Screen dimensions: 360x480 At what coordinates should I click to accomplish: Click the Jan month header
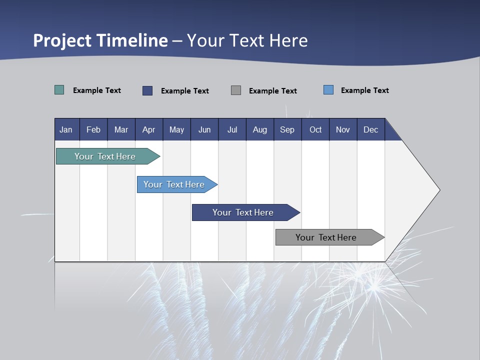(x=66, y=129)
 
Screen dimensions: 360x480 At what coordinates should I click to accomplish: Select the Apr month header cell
(x=149, y=129)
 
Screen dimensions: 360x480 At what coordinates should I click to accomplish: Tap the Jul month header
(x=232, y=129)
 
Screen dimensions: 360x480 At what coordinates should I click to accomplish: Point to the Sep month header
(x=287, y=129)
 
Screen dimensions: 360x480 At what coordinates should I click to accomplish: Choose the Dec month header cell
(x=370, y=129)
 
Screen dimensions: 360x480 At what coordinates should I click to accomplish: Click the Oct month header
(x=315, y=129)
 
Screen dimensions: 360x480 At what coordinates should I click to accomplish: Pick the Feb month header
(x=93, y=129)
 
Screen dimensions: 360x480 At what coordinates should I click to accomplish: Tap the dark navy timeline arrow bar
(x=243, y=212)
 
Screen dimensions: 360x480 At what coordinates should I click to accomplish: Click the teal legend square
(x=59, y=90)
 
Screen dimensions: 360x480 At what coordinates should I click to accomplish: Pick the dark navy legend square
(x=147, y=90)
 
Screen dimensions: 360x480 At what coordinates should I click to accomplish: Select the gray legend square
(x=236, y=90)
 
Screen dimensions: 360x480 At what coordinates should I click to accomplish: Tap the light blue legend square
(x=328, y=90)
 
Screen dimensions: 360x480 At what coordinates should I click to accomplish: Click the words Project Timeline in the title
(x=100, y=40)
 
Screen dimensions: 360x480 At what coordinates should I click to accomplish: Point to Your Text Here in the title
(x=247, y=40)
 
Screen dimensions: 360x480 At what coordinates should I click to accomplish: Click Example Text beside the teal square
(x=97, y=90)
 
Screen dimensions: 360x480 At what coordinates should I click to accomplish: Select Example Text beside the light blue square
(x=365, y=90)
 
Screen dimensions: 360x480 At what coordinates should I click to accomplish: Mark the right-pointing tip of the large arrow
(x=438, y=190)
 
